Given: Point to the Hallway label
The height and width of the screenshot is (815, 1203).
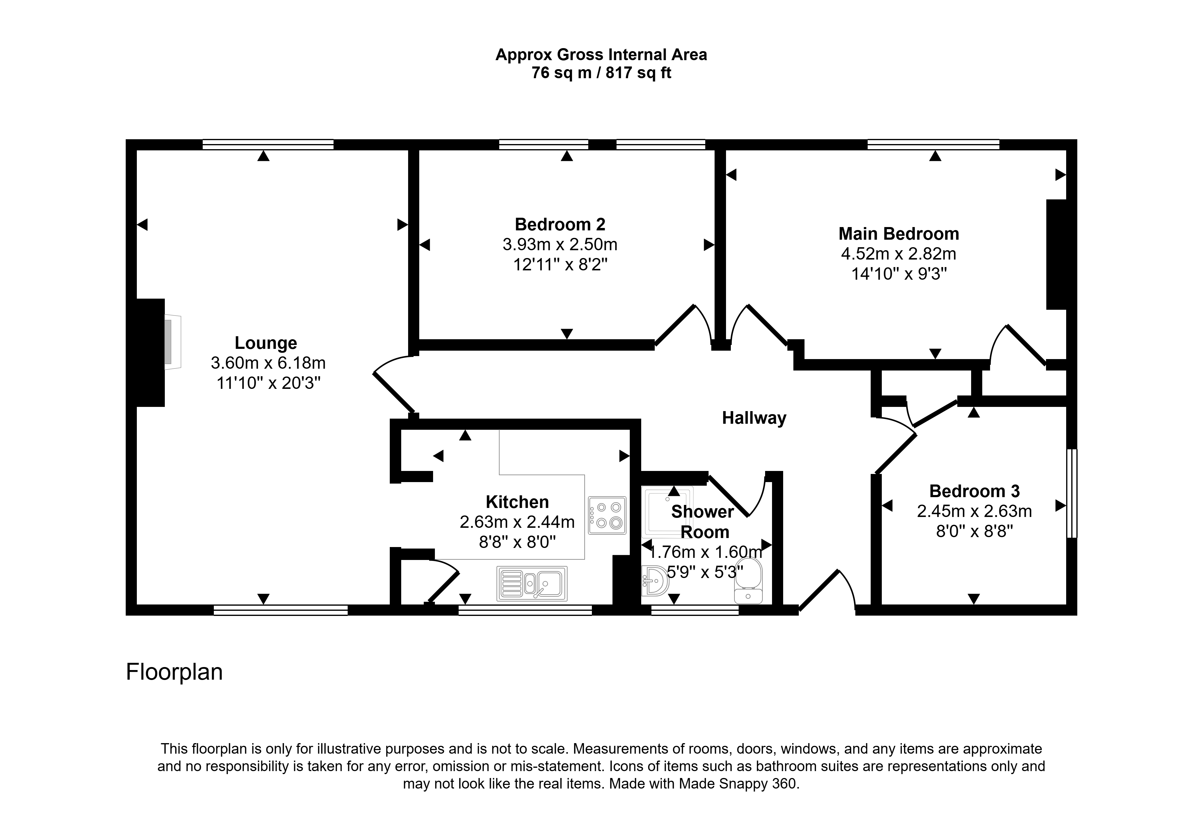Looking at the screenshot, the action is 754,418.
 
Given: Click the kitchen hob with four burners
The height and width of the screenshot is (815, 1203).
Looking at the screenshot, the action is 607,515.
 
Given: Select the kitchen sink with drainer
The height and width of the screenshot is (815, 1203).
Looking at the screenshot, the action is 532,584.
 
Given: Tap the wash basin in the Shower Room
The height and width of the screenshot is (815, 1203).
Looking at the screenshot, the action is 655,581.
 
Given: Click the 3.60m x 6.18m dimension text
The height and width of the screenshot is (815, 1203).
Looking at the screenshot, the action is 268,363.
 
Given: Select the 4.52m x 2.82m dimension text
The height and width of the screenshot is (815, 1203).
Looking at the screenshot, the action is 899,254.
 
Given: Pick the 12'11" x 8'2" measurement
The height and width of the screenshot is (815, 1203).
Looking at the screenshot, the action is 560,264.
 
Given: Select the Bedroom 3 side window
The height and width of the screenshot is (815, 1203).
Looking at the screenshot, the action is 1072,493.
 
